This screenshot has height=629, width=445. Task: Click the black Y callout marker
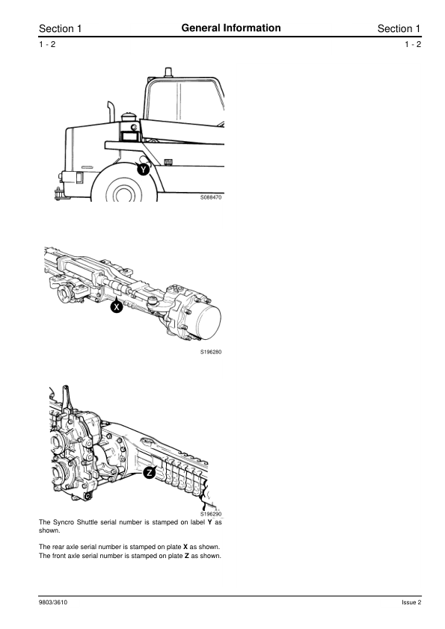144,170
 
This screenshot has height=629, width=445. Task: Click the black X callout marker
117,307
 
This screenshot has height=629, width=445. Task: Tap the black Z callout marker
150,473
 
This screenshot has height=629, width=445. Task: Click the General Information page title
231,28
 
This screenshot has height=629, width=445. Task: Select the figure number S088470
211,197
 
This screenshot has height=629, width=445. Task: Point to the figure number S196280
211,352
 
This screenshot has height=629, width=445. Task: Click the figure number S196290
211,514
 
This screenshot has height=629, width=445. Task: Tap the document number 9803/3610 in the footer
53,602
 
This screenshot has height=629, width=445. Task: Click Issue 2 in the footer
411,602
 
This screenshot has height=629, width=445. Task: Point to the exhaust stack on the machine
111,111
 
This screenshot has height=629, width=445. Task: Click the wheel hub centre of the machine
124,193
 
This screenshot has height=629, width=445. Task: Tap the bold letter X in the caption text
185,547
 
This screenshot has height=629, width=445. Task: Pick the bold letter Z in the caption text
187,556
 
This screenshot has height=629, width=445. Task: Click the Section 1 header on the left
61,28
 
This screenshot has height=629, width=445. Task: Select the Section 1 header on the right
399,28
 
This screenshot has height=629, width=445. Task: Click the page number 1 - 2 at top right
413,44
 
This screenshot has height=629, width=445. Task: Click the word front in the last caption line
59,556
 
